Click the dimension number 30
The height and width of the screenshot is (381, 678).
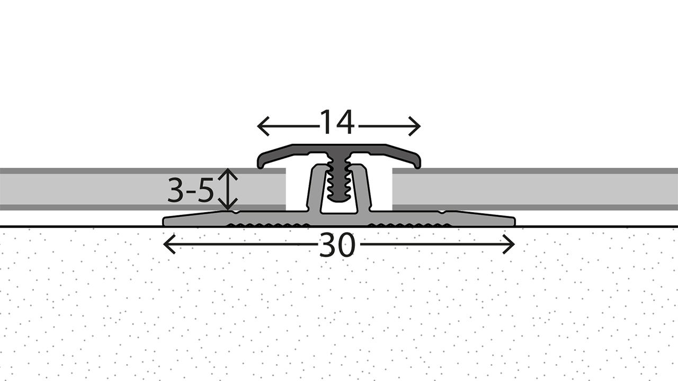(x=337, y=246)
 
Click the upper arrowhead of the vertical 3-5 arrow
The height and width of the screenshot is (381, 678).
(x=228, y=171)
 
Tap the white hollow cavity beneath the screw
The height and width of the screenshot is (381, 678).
(x=337, y=207)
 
